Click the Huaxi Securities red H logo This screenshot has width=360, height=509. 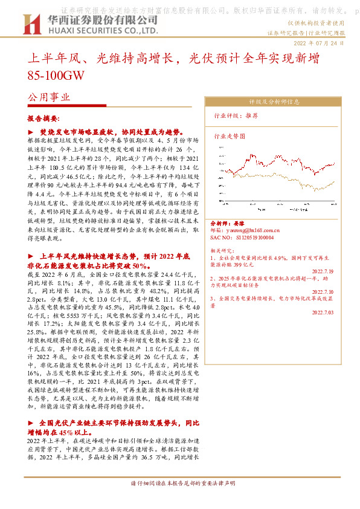point(30,24)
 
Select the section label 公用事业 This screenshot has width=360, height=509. point(49,97)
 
